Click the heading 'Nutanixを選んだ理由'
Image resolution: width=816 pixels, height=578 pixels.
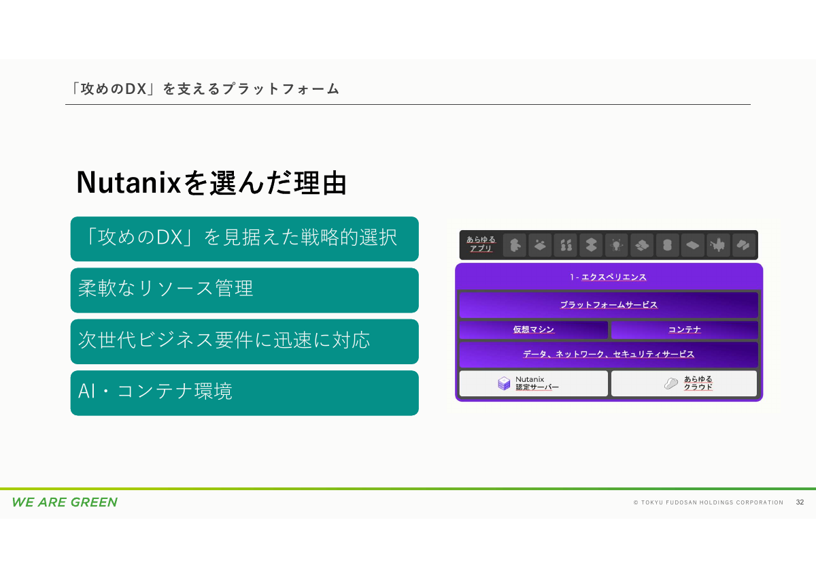pos(211,182)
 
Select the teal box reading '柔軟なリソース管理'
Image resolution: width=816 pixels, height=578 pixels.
pos(244,289)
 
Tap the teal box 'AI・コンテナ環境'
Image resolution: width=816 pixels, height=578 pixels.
pos(244,392)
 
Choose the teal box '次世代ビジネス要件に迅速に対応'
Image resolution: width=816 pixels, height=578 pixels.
pos(244,341)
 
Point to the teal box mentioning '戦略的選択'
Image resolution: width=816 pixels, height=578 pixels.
pos(244,238)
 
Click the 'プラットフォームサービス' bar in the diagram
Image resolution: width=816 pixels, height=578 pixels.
pos(608,305)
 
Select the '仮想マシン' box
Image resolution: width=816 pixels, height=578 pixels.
pos(533,330)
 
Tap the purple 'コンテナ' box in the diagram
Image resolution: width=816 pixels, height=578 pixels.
pos(684,330)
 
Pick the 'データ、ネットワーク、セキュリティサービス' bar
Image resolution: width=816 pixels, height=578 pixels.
pos(608,355)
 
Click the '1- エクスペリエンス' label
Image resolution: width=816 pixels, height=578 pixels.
pos(608,277)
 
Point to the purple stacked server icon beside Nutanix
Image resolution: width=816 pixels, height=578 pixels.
pos(504,384)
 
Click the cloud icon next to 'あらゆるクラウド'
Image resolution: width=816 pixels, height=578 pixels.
pos(671,384)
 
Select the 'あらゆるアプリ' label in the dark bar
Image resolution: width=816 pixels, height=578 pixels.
pos(481,244)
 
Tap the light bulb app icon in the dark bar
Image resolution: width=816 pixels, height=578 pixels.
pos(616,244)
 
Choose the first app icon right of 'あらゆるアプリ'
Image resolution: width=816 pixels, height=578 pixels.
pos(515,244)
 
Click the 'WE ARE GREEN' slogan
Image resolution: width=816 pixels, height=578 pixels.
pos(65,502)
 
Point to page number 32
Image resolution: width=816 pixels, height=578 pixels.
pos(800,502)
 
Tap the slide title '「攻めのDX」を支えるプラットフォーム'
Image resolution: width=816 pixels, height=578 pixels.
pos(205,89)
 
